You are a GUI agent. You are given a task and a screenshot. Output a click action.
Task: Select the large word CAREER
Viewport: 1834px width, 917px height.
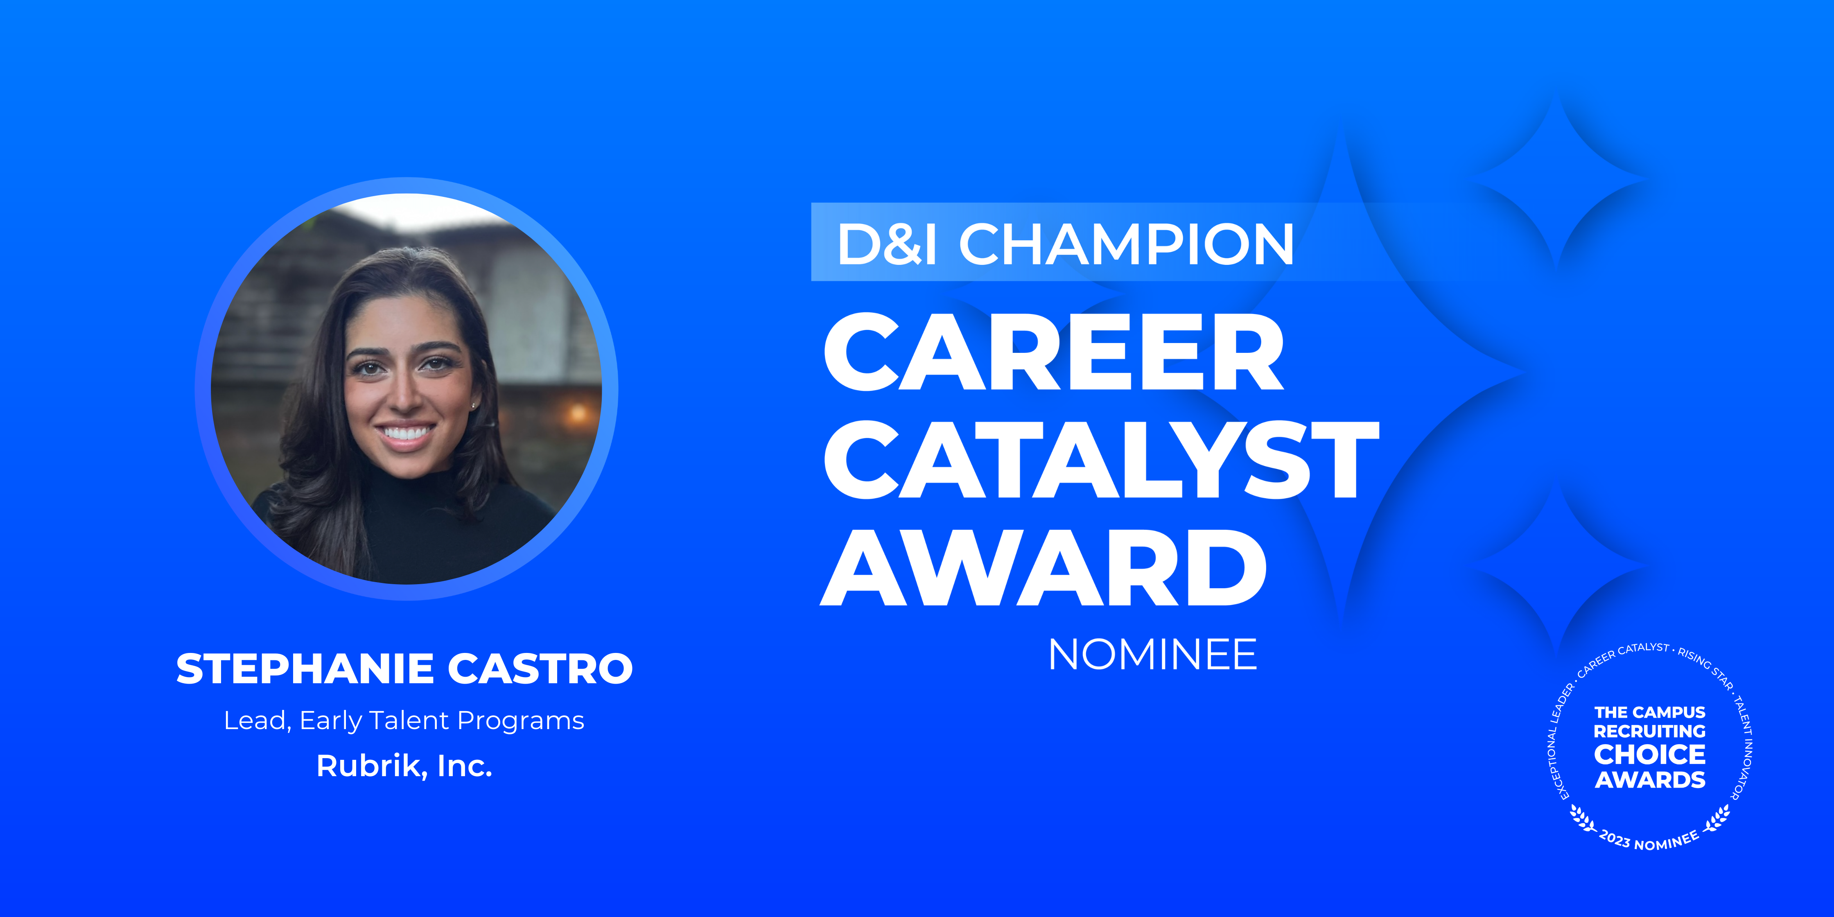click(1054, 352)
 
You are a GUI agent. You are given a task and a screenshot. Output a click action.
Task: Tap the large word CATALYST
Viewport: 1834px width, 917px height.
click(1101, 459)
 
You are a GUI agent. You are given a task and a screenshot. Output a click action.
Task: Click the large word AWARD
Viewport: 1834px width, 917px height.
click(1044, 567)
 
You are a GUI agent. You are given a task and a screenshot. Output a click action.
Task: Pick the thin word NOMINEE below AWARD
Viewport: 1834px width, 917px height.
click(1153, 654)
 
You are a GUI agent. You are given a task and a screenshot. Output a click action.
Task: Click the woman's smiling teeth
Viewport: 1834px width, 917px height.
click(405, 432)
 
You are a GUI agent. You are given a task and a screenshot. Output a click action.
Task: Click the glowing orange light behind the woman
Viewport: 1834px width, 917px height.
click(577, 412)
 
